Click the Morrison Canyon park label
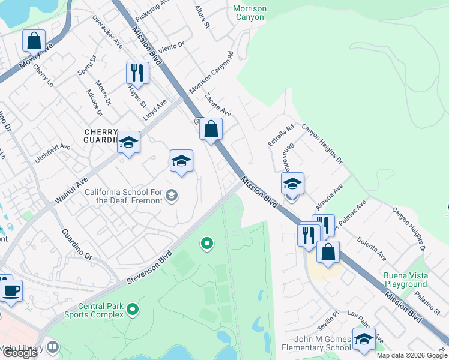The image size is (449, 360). pyautogui.click(x=249, y=12)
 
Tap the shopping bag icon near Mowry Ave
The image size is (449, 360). pyautogui.click(x=34, y=41)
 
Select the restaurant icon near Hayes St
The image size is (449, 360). pyautogui.click(x=137, y=73)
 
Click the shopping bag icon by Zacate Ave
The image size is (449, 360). pyautogui.click(x=211, y=129)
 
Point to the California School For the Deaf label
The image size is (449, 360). pyautogui.click(x=123, y=196)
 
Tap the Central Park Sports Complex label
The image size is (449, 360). pyautogui.click(x=100, y=310)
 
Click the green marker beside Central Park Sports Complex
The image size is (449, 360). pyautogui.click(x=133, y=310)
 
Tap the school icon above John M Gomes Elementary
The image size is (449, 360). pyautogui.click(x=364, y=339)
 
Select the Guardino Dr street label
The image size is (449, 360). pyautogui.click(x=79, y=244)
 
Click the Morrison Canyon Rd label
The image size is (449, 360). pyautogui.click(x=211, y=76)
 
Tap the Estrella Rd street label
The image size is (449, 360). pyautogui.click(x=282, y=136)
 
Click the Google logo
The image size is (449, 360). pyautogui.click(x=20, y=353)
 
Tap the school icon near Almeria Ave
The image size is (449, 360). pyautogui.click(x=292, y=184)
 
